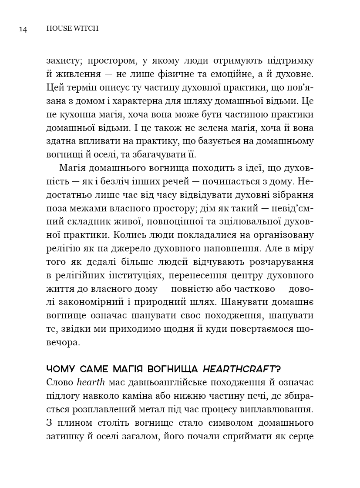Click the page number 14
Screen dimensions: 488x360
coord(23,29)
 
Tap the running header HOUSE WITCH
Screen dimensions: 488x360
coord(72,29)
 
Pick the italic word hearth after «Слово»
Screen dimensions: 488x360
coord(89,383)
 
